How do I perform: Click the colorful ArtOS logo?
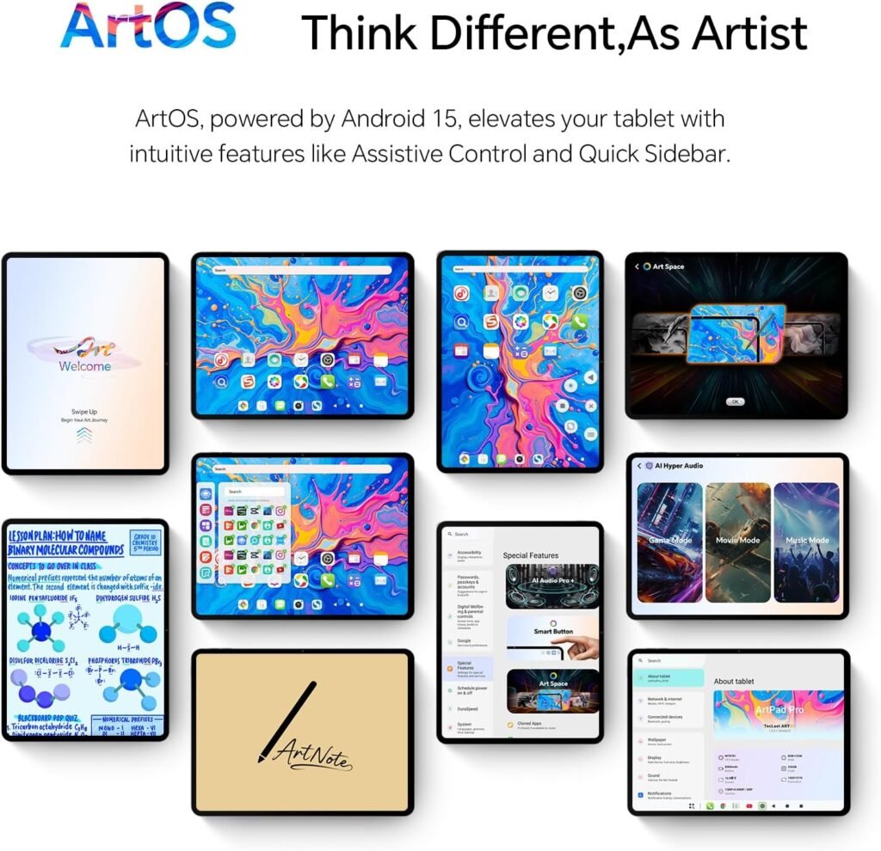click(x=147, y=27)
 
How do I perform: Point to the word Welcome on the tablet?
click(x=84, y=366)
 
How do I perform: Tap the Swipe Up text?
click(x=84, y=412)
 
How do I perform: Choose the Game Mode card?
click(x=668, y=541)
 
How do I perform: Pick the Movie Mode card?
click(x=737, y=541)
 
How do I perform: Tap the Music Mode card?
click(x=807, y=541)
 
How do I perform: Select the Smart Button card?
click(x=551, y=637)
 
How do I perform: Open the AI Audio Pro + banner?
click(x=551, y=585)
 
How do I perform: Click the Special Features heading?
click(x=531, y=555)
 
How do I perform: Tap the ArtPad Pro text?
click(x=779, y=711)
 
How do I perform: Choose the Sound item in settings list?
click(x=655, y=777)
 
